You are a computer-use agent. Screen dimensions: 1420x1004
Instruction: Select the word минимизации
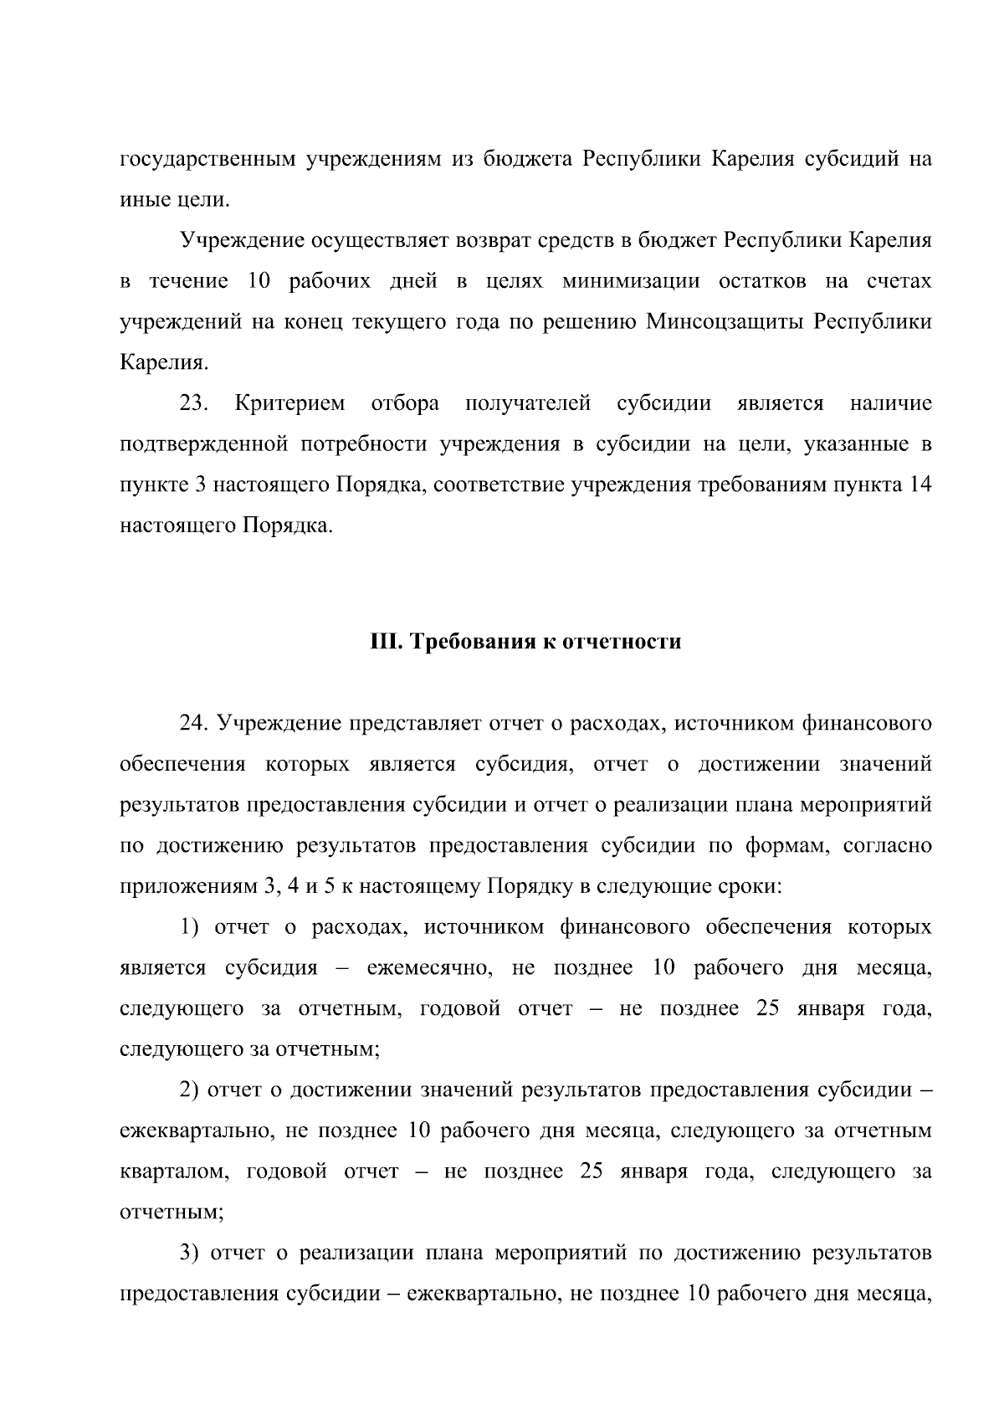[631, 281]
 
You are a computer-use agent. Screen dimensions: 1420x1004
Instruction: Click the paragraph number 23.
[193, 403]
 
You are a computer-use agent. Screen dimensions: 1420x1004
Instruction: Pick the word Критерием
[289, 403]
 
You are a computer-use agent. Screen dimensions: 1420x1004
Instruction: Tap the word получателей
[528, 403]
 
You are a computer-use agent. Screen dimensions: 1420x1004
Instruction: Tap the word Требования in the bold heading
[468, 642]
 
